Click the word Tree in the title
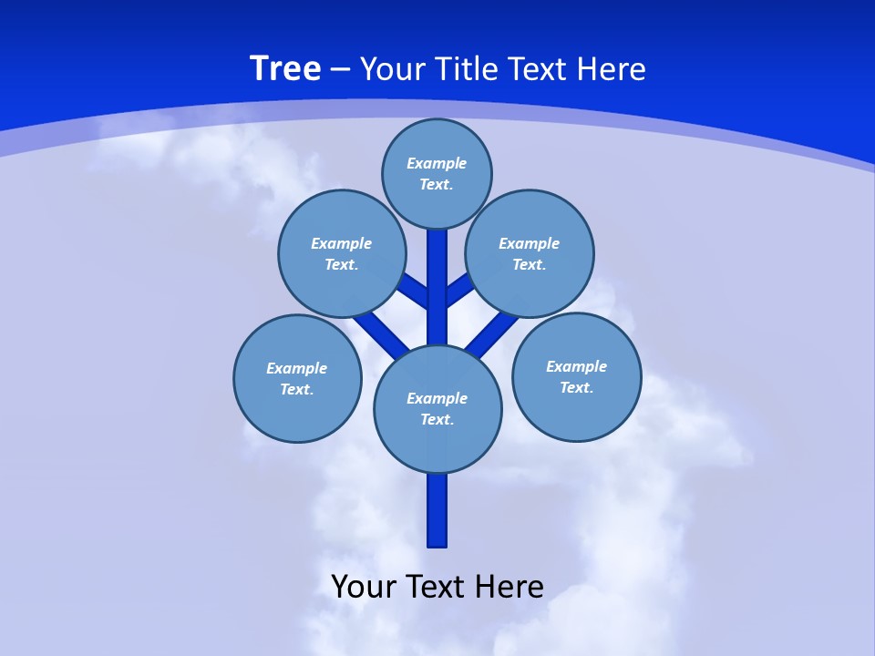pos(285,69)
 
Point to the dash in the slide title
pos(340,69)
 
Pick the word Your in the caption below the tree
pos(363,587)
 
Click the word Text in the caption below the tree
pos(433,587)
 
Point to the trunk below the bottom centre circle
pos(437,510)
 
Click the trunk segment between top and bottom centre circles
pos(437,292)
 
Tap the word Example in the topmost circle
pos(437,163)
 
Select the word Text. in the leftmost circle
pos(297,390)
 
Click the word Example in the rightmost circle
pos(576,366)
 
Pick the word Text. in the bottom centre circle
pos(437,420)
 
